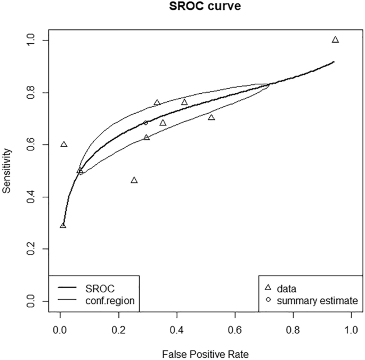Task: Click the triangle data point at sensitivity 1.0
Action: coord(335,39)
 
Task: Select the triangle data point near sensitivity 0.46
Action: coord(134,180)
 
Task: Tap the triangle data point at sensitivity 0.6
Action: coord(64,145)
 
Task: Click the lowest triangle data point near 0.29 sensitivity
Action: coord(63,226)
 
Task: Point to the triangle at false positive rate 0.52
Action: coord(212,117)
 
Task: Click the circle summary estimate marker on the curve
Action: coord(145,123)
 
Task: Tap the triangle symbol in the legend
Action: coord(268,288)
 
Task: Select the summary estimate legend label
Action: coord(318,301)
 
